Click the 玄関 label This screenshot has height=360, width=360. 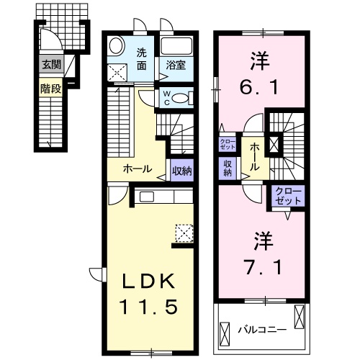[50, 65]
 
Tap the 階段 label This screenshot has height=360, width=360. [50, 89]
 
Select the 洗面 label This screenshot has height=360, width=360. [143, 58]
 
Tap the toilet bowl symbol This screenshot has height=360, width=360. [183, 98]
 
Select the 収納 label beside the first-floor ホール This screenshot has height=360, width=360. [182, 171]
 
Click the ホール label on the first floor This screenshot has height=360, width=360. [138, 170]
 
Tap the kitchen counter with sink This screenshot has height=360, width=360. [163, 197]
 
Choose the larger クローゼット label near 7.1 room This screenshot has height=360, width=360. [289, 194]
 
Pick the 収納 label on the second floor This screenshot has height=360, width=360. [228, 168]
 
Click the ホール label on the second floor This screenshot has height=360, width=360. [255, 156]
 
